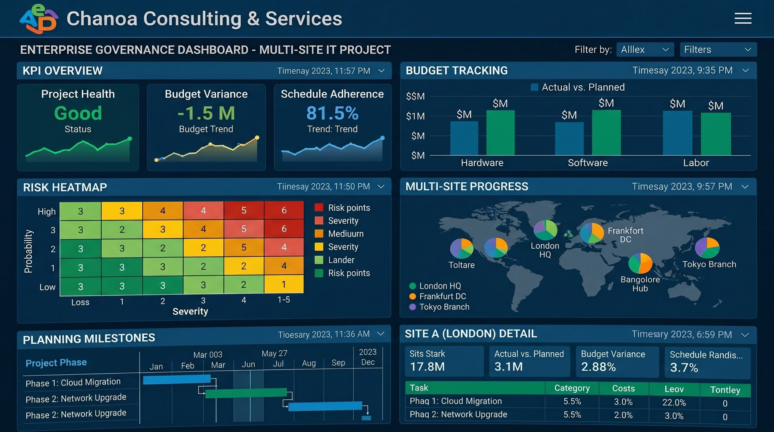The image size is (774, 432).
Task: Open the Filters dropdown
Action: [x=718, y=49]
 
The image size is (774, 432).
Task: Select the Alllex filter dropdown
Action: [x=645, y=49]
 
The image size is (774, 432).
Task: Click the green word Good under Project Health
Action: [x=78, y=113]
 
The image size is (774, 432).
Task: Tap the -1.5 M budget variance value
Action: [x=206, y=113]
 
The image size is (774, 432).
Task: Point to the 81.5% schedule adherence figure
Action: [x=332, y=113]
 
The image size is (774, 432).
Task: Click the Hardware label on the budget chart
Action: [x=482, y=163]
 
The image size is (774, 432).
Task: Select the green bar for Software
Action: [x=606, y=132]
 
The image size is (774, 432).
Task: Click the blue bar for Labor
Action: [x=678, y=133]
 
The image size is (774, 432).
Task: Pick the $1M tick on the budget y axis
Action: [x=415, y=116]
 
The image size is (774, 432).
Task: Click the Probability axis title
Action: [x=28, y=251]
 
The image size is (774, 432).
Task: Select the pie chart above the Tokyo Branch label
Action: [x=707, y=247]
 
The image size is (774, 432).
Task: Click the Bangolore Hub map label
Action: [x=640, y=284]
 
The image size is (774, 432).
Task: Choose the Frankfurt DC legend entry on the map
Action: [x=438, y=296]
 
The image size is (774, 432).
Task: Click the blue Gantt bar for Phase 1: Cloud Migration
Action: [x=177, y=379]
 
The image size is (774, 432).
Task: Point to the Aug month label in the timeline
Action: [x=309, y=363]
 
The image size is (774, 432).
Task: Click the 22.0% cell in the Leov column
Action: [x=674, y=402]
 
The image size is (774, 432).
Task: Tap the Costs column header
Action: [x=624, y=388]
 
